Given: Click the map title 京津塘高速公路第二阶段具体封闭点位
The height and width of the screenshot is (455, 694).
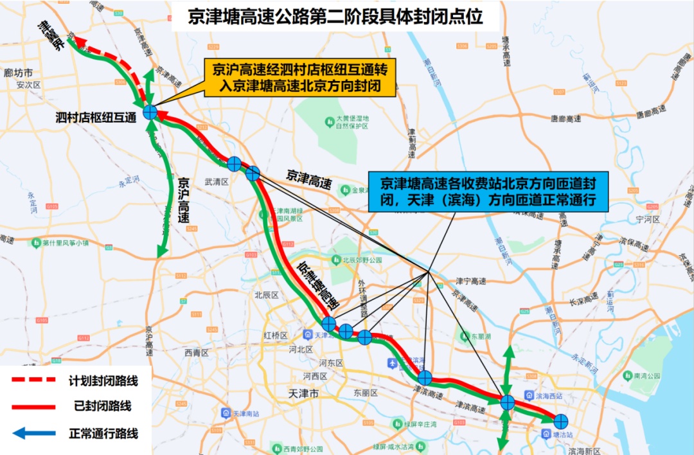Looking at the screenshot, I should [x=335, y=16].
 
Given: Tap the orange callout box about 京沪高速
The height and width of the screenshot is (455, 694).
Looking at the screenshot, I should [x=299, y=77].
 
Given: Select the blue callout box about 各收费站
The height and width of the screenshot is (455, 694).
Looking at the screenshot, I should [x=488, y=191].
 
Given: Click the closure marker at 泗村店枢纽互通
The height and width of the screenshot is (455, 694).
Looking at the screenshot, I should [x=150, y=112].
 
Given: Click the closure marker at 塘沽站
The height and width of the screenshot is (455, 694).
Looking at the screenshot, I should [x=561, y=421].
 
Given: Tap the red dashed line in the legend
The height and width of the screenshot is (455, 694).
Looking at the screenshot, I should [x=34, y=380].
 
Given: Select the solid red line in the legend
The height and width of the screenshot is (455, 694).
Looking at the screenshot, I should [x=34, y=406].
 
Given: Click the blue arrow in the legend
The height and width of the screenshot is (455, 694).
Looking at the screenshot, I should [x=34, y=433].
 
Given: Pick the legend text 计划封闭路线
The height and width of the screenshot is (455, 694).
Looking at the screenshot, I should [x=103, y=380].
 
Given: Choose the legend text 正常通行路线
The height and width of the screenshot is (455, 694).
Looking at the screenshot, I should [x=103, y=434].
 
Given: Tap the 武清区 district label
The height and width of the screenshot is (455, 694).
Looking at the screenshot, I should [x=217, y=182].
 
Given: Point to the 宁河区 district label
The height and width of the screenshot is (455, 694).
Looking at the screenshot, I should [x=647, y=219].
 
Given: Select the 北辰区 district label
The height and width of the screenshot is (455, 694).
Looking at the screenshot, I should [x=265, y=295].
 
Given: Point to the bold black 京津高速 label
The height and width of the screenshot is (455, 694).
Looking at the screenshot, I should [x=309, y=179].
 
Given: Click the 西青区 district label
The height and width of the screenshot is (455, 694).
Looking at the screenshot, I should [x=197, y=352].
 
